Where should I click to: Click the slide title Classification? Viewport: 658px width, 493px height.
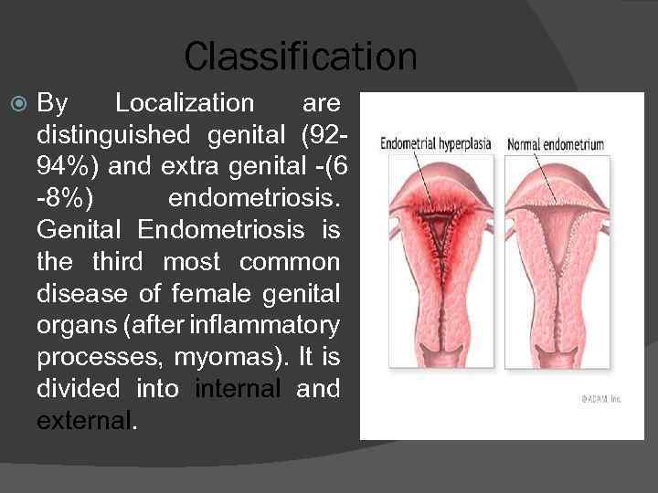(300, 57)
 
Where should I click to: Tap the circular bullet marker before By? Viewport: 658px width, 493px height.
(18, 104)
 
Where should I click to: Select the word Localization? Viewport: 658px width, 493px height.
(185, 103)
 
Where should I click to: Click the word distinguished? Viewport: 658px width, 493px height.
(112, 135)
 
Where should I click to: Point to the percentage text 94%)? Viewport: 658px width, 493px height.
(72, 167)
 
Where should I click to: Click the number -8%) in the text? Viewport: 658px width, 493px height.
(69, 199)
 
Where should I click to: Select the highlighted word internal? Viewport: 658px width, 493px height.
(239, 389)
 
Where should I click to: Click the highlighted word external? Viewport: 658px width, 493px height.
(84, 421)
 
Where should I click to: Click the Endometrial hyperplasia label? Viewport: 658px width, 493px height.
(435, 144)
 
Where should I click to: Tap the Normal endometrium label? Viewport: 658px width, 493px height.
(556, 144)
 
